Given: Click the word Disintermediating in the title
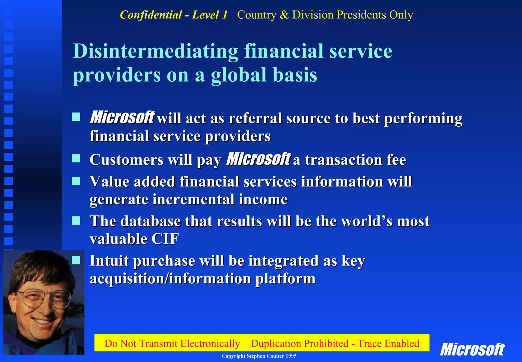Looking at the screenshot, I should pos(155,51).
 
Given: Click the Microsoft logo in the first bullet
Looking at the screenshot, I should pos(122,118).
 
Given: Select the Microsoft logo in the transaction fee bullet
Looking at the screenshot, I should pos(258,159).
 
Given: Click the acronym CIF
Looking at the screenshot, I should pos(165,239).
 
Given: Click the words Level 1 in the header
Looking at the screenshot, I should pos(210,15).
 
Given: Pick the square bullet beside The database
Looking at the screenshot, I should pos(76,220).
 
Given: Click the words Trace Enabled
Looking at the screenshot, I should pos(388,344).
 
